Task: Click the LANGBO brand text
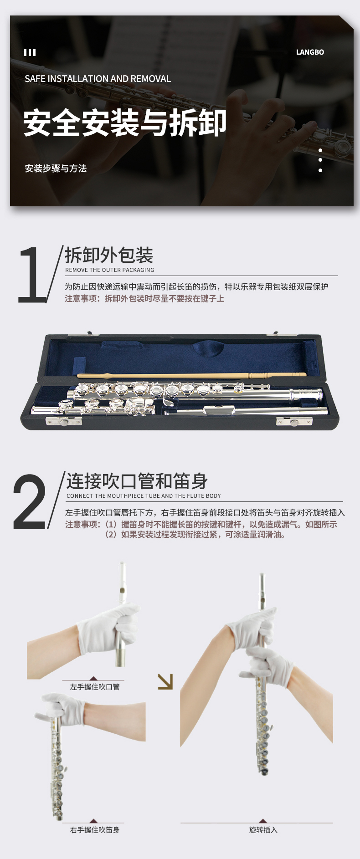pos(310,52)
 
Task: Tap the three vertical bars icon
pos(30,52)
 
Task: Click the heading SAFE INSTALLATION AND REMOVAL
pos(98,79)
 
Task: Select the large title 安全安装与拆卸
pos(125,123)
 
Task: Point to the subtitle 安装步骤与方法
pos(56,169)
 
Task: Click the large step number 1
pos(33,275)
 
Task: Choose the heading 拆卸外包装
pos(109,256)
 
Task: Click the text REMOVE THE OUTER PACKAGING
pos(110,270)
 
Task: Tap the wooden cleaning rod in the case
pos(191,375)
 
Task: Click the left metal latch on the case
pos(64,422)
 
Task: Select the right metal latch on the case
pos(294,422)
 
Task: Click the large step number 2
pos(30,501)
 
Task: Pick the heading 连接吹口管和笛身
pos(137,481)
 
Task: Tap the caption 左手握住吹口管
pos(95,687)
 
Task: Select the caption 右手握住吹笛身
pos(95,830)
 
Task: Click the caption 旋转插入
pos(263,830)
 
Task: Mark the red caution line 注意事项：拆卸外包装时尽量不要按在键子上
pos(144,299)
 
